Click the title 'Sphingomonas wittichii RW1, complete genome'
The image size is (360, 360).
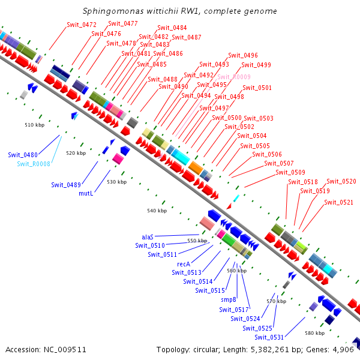tap(180, 11)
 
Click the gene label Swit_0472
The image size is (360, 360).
tap(81, 25)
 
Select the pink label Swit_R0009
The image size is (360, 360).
tap(233, 77)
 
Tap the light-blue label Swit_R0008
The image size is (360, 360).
tap(34, 164)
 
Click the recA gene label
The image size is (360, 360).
tap(184, 264)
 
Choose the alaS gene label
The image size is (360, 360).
tap(148, 237)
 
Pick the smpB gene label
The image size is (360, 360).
tap(229, 299)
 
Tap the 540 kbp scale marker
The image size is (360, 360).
tap(157, 211)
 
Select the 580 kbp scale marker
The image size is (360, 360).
tap(314, 332)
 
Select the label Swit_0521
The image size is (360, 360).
tap(339, 202)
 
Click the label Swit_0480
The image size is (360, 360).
tap(23, 155)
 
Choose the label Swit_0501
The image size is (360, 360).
tap(257, 88)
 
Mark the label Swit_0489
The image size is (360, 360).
tap(66, 185)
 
